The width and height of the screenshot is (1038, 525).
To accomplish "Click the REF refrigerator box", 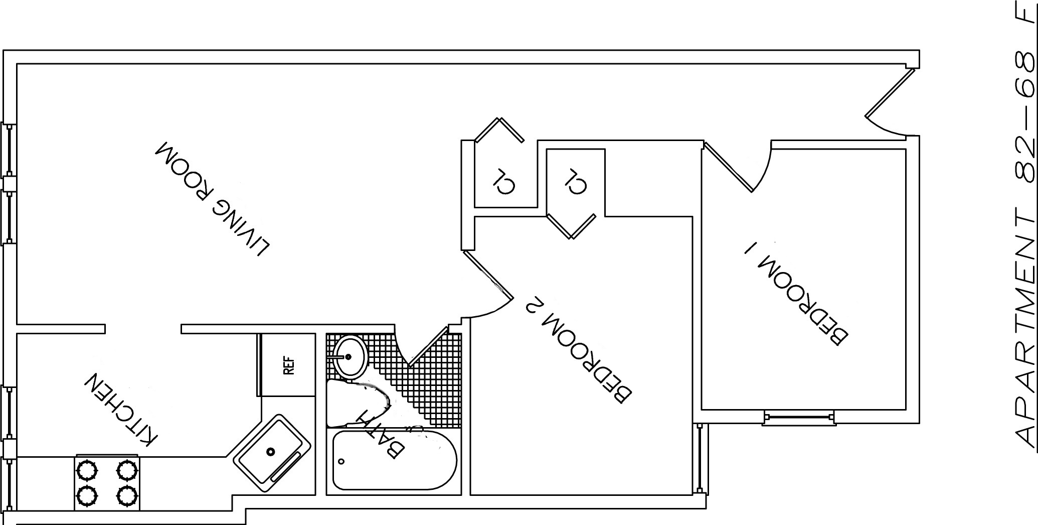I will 288,365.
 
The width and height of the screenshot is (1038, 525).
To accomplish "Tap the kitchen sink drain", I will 271,451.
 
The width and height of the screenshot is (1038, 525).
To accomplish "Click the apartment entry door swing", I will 890,105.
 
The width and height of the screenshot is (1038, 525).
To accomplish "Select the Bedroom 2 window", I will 701,458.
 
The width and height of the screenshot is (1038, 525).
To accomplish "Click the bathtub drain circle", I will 341,461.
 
